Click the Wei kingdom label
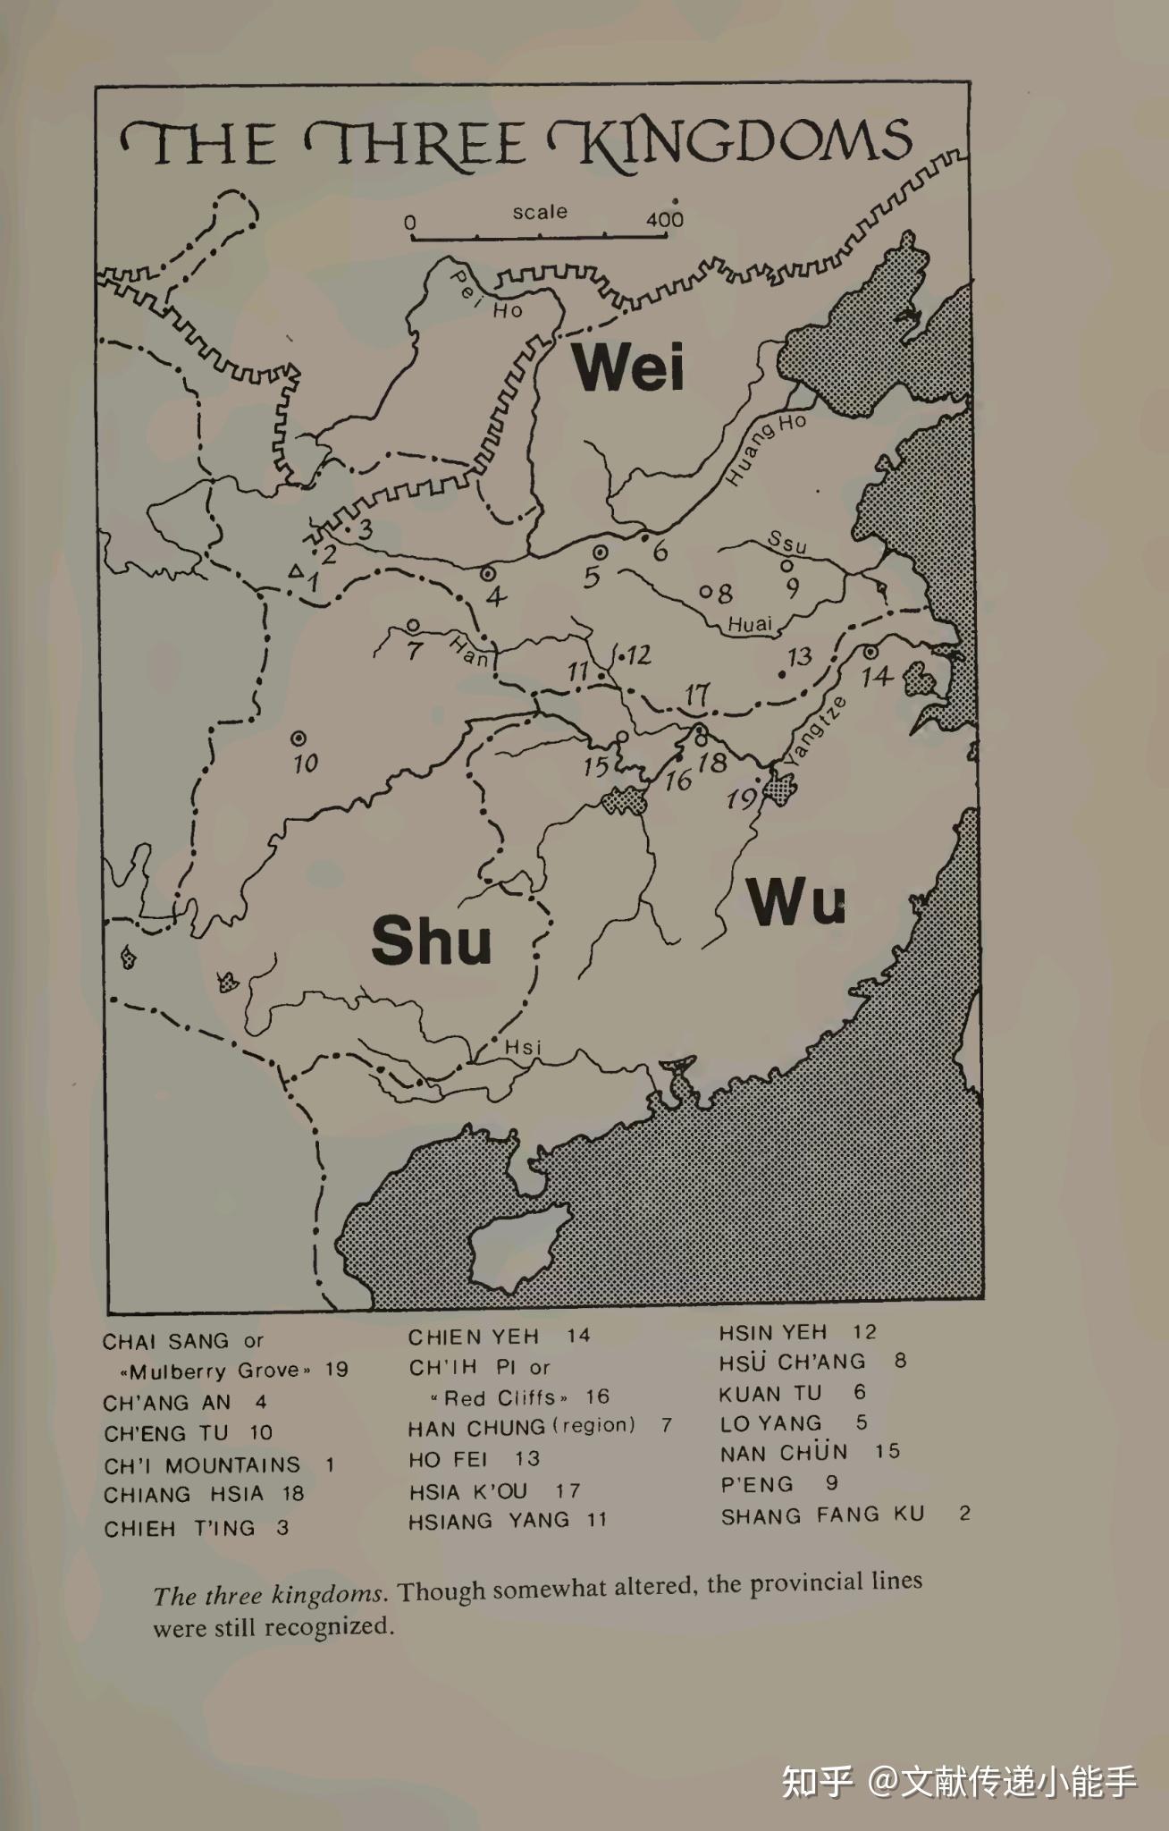tap(630, 367)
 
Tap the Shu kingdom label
tap(432, 941)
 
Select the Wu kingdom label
tap(796, 902)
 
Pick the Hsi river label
tap(523, 1047)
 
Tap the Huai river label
tap(750, 625)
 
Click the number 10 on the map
tap(306, 764)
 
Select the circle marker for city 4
tap(488, 573)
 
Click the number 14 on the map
tap(877, 676)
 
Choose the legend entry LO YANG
tap(770, 1423)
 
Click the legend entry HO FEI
tap(448, 1460)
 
